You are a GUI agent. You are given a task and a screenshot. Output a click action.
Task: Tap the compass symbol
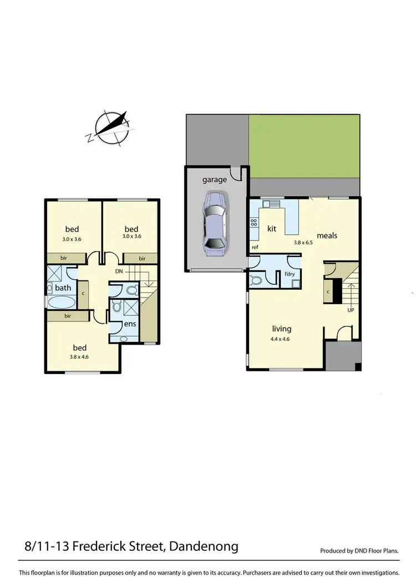point(112,128)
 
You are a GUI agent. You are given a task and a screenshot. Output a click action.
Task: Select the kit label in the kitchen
point(272,228)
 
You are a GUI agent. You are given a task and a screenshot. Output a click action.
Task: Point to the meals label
point(327,235)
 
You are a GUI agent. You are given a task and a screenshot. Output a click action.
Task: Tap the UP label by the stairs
point(350,310)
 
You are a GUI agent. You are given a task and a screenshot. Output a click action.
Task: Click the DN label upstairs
point(119,271)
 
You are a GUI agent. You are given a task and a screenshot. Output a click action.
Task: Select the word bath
point(63,288)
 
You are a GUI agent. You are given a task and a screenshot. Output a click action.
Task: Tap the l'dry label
point(290,274)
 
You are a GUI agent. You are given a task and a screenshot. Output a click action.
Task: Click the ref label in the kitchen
point(255,247)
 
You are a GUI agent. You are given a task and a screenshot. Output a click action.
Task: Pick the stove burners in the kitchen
point(254,222)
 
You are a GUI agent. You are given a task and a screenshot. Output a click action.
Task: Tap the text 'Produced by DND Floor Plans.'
point(360,551)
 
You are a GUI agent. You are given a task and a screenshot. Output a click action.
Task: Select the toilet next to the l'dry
point(257,280)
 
